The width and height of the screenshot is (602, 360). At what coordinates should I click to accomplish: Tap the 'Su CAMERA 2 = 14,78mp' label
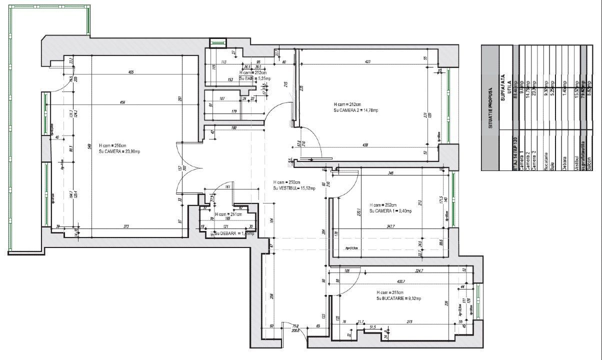[x=356, y=110]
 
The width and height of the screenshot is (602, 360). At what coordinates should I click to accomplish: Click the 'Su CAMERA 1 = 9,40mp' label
[x=390, y=211]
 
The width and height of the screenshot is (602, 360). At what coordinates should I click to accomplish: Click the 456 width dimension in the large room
[x=122, y=102]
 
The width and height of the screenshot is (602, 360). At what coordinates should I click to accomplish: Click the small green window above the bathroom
[x=218, y=43]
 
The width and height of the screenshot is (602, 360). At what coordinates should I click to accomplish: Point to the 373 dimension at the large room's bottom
[x=126, y=226]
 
